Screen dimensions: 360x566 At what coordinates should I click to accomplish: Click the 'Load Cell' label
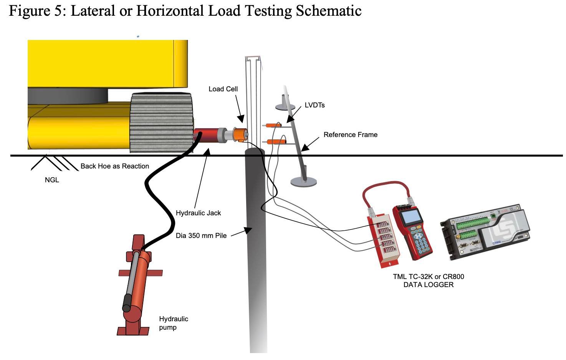pyautogui.click(x=223, y=89)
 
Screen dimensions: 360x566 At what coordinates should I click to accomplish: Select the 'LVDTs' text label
pyautogui.click(x=314, y=105)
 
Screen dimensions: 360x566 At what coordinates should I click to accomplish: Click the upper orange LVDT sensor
pyautogui.click(x=273, y=125)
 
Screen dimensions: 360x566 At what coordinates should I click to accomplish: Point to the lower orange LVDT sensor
pyautogui.click(x=275, y=142)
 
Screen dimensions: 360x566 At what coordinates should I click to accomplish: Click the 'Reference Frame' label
pyautogui.click(x=350, y=135)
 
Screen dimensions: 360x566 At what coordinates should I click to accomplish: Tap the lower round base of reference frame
pyautogui.click(x=303, y=182)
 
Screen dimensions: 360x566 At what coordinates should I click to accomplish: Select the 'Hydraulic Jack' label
pyautogui.click(x=198, y=213)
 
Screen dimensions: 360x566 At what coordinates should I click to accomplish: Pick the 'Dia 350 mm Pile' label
pyautogui.click(x=201, y=236)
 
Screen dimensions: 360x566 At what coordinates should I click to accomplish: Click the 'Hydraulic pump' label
pyautogui.click(x=173, y=323)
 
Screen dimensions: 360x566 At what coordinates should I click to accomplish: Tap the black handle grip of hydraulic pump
pyautogui.click(x=127, y=303)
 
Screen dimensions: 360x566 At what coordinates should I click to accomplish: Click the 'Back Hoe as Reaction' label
pyautogui.click(x=114, y=166)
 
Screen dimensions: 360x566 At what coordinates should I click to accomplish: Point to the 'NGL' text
pyautogui.click(x=52, y=180)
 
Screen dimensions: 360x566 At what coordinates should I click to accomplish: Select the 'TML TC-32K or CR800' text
pyautogui.click(x=428, y=276)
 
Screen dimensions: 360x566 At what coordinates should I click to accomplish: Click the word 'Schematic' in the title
pyautogui.click(x=329, y=11)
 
